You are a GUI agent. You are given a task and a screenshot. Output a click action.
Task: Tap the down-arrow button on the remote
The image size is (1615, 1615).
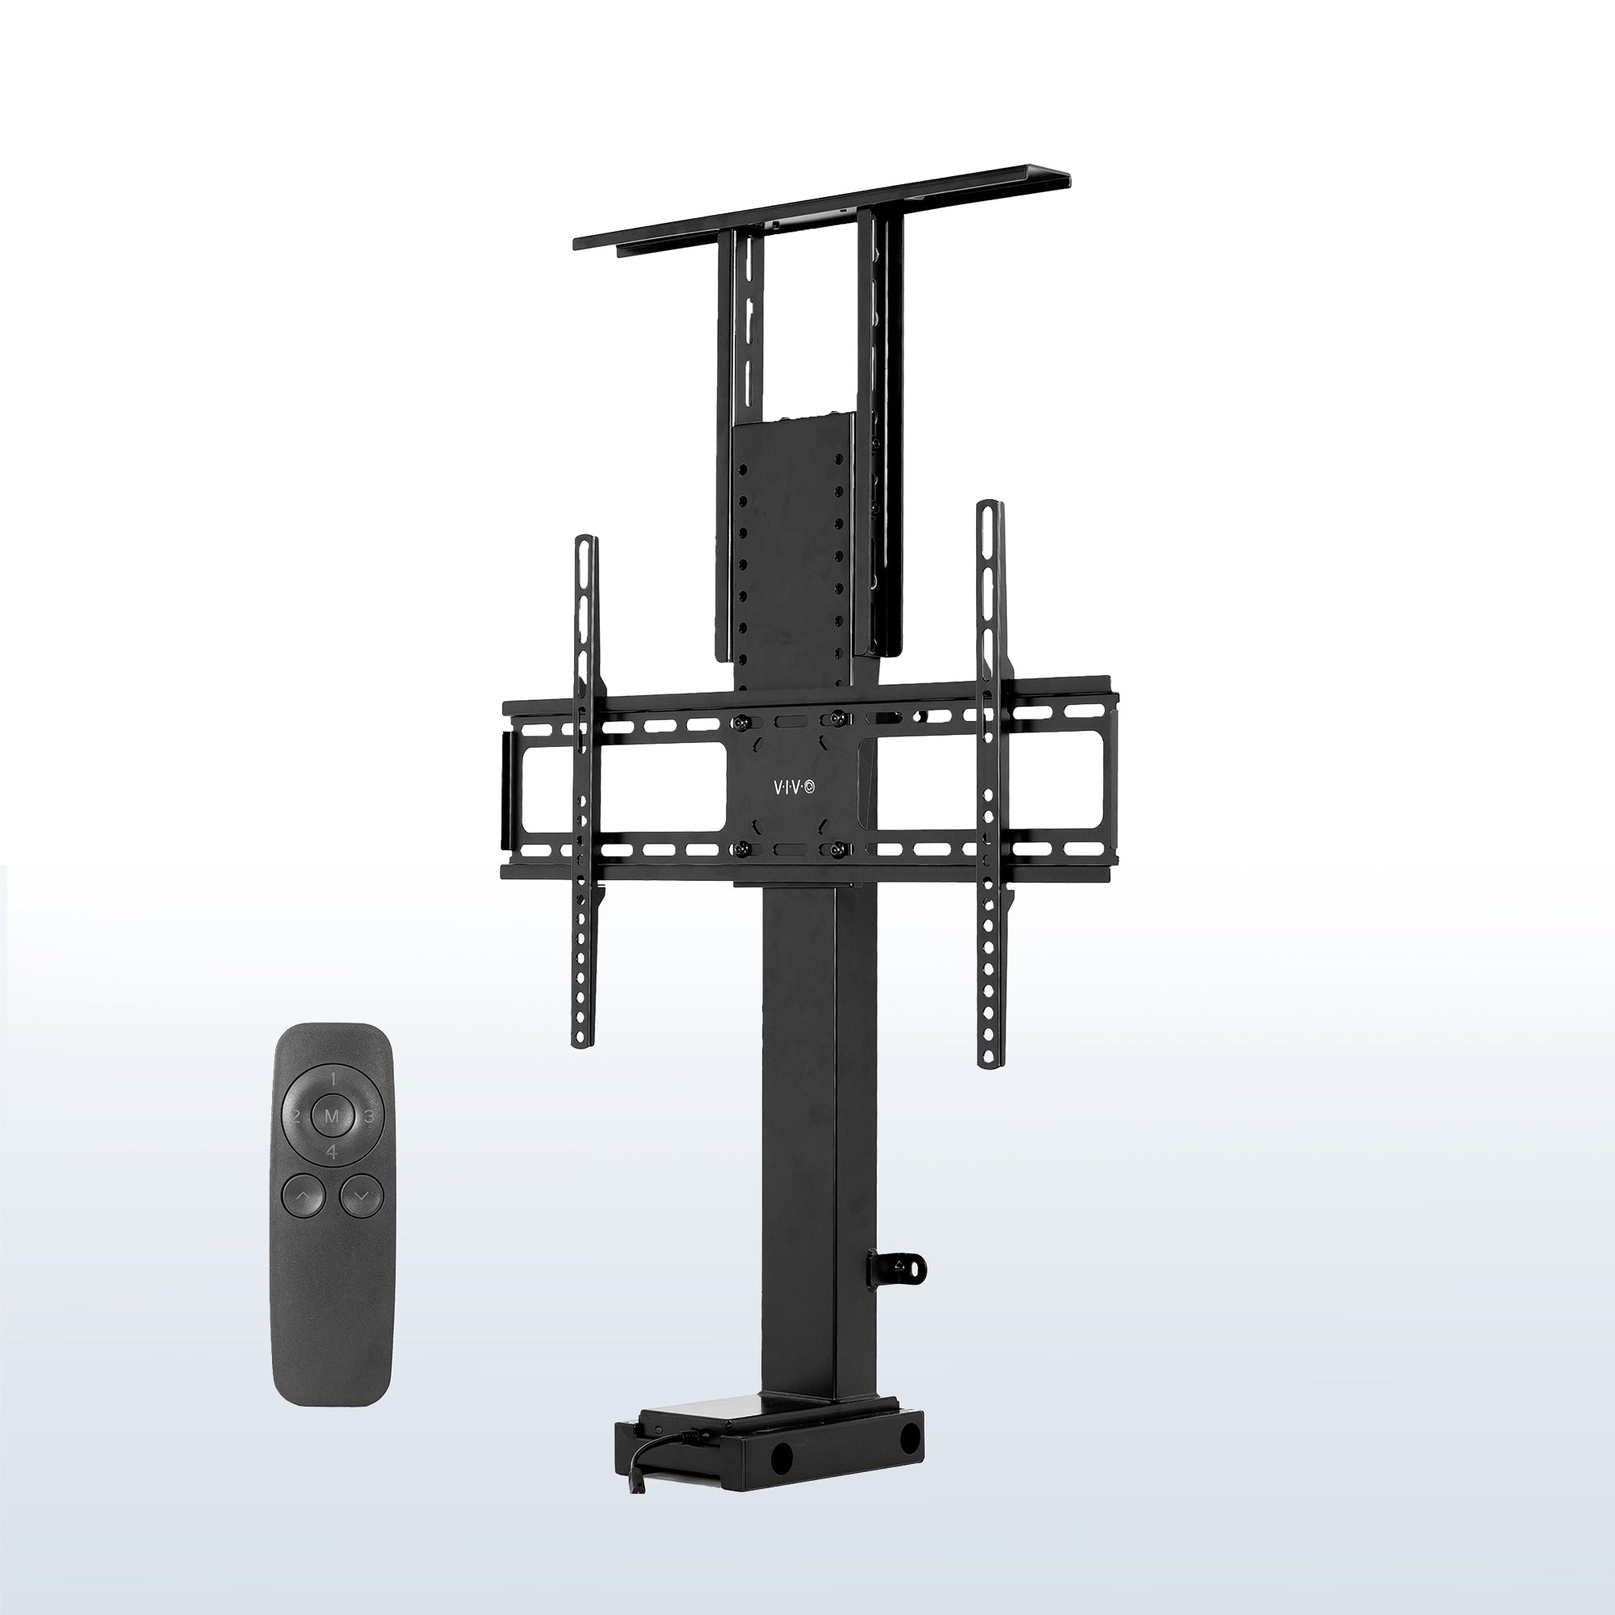click(x=360, y=1196)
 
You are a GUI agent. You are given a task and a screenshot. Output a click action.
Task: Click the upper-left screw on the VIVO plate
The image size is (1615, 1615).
click(x=739, y=719)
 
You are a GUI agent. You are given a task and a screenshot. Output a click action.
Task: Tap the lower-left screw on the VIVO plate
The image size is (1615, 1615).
click(x=739, y=849)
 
